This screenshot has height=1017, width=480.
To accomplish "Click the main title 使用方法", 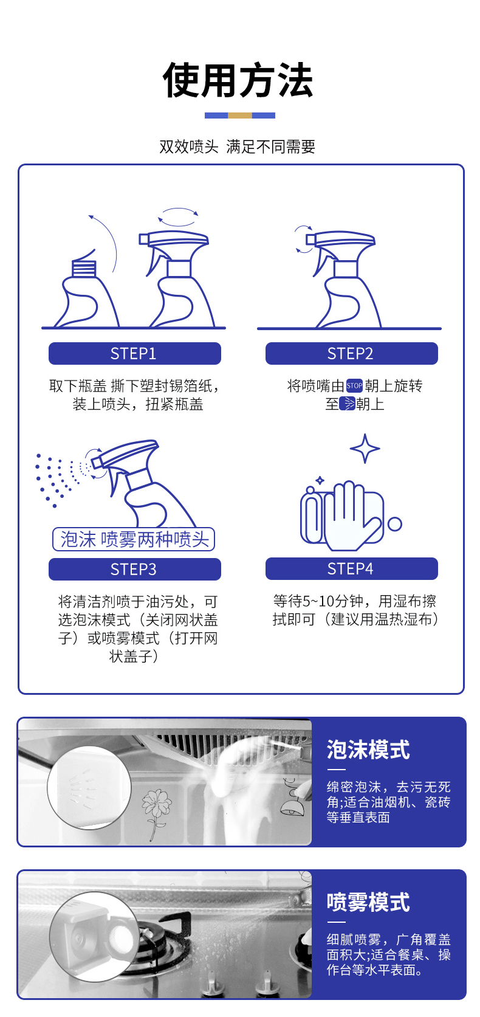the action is [x=238, y=80].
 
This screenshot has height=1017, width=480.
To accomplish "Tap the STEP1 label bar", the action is [x=135, y=353].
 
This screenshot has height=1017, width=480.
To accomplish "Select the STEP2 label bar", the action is [x=352, y=353].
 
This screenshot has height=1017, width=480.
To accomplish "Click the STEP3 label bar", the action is [x=135, y=569].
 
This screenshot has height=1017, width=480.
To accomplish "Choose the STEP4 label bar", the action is [x=352, y=568].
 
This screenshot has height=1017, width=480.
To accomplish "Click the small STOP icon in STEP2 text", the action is [x=354, y=386].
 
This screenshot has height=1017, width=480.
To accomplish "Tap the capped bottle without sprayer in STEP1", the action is [x=86, y=291].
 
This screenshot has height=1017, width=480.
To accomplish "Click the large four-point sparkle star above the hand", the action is [x=365, y=448].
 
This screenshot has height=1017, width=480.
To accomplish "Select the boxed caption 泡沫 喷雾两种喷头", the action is [x=134, y=539].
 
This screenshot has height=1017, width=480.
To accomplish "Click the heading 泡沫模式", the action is [x=368, y=749].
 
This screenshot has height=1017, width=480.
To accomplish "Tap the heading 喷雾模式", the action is [x=368, y=902].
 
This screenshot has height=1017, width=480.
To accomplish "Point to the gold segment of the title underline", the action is [x=239, y=115].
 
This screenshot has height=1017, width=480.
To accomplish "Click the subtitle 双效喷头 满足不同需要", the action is [x=238, y=147].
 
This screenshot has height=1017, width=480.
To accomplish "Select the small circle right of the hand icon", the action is [x=395, y=524].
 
